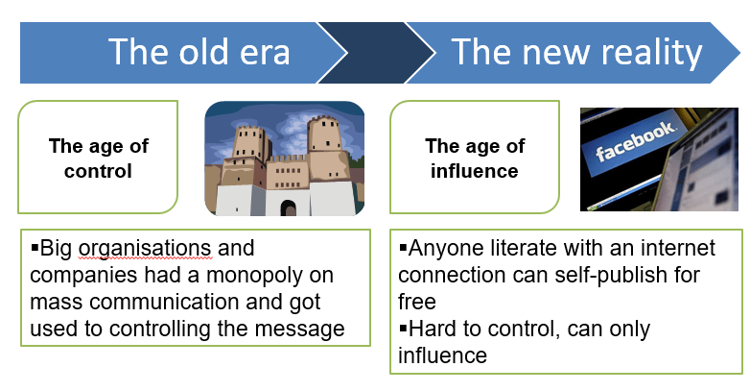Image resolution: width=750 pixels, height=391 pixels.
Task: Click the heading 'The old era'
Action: point(199,52)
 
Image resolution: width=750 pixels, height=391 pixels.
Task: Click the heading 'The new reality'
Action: point(576,53)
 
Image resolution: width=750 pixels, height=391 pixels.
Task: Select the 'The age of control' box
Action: point(98,158)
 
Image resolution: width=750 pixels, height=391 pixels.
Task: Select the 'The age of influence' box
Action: point(475,158)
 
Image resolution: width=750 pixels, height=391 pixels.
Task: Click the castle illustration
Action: point(285,159)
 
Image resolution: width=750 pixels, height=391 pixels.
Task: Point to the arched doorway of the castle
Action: point(288,208)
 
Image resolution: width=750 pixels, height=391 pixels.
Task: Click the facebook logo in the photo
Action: point(635,141)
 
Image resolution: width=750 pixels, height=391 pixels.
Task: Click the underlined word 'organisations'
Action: point(145,249)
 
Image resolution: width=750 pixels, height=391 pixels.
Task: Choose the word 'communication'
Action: point(164,303)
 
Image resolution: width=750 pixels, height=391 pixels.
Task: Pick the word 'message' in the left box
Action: point(299,330)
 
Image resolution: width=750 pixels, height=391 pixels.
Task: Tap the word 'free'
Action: point(416,303)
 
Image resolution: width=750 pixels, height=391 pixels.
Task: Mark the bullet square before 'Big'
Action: point(35,248)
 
